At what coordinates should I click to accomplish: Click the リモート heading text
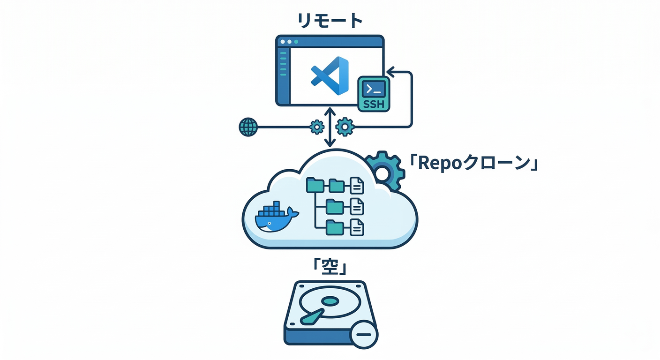pos(330,21)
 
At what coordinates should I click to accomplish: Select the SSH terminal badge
pos(374,94)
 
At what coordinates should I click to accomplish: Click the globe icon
pos(248,127)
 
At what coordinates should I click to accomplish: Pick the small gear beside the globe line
pos(317,127)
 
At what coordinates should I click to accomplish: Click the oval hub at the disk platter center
pos(330,300)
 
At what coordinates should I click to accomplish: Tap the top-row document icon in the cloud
pos(357,186)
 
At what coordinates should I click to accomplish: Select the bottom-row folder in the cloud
pos(335,227)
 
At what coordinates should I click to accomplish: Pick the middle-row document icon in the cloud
pos(357,206)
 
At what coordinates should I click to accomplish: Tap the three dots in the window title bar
pos(289,42)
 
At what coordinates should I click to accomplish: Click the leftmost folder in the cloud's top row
pos(315,186)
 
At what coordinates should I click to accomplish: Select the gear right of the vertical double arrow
pos(345,127)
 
